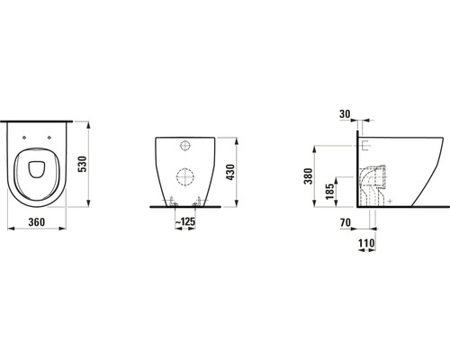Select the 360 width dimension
37,222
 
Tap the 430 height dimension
230,172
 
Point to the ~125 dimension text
185,221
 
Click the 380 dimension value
309,176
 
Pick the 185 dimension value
330,192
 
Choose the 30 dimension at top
345,114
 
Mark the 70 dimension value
346,222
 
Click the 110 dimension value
366,243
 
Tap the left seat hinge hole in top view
24,138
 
